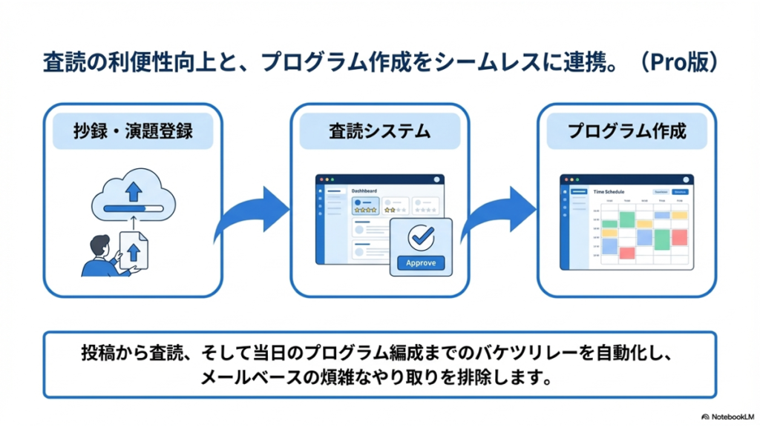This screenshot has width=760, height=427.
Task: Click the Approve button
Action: [421, 262]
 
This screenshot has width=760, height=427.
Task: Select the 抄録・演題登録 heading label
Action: [134, 132]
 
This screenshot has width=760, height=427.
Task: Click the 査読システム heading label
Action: [379, 132]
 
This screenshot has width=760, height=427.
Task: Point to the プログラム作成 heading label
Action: [626, 132]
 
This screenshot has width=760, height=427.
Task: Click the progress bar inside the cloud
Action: [133, 208]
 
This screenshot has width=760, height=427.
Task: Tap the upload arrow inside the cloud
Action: [134, 191]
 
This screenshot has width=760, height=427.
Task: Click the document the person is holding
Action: [134, 251]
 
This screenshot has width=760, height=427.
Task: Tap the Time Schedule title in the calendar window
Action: [609, 191]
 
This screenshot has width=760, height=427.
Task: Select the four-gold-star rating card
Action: [364, 205]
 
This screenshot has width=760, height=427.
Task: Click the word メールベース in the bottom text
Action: [245, 377]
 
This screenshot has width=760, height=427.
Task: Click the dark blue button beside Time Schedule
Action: [680, 191]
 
